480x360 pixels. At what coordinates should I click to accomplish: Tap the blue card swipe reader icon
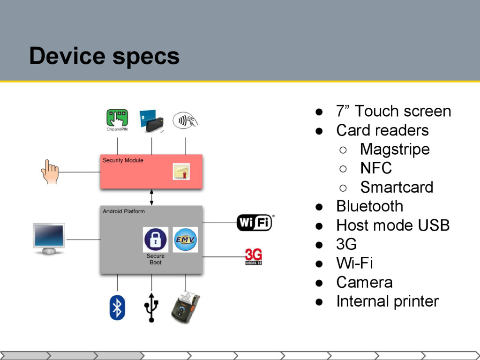[151, 120]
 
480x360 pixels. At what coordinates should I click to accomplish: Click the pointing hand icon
[49, 172]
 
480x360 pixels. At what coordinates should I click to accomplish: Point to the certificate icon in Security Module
[181, 172]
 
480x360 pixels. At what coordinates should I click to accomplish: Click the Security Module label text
[123, 160]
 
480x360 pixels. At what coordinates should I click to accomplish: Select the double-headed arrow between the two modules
[151, 197]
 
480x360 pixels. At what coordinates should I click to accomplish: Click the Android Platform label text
[124, 211]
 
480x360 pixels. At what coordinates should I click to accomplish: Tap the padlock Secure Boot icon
[156, 240]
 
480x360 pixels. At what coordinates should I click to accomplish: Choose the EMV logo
[186, 240]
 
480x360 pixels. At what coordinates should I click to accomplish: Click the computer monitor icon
[49, 239]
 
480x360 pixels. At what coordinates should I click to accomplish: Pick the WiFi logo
[255, 222]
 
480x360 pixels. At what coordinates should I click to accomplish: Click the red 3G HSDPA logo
[254, 257]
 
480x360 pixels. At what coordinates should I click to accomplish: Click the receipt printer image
[185, 307]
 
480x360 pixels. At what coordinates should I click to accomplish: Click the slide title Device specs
[104, 56]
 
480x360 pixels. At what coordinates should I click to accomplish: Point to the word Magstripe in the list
[395, 149]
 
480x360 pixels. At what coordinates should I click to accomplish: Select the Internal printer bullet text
[387, 301]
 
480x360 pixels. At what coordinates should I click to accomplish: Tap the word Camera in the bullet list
[364, 282]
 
